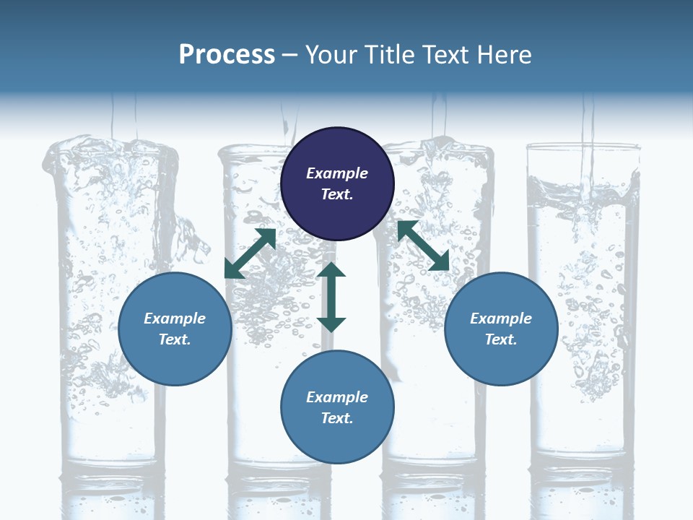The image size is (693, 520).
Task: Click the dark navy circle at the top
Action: (x=337, y=184)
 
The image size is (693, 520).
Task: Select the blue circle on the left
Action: (x=175, y=329)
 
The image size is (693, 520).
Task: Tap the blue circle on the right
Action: (x=501, y=329)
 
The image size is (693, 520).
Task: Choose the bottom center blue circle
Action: (x=337, y=407)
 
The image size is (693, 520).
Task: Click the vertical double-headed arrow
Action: (x=331, y=297)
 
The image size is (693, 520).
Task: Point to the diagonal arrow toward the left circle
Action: (x=250, y=253)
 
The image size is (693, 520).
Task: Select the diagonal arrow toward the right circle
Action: (x=423, y=246)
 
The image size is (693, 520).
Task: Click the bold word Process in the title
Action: (x=227, y=55)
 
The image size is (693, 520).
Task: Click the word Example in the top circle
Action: (x=337, y=173)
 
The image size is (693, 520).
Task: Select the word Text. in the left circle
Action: (x=175, y=339)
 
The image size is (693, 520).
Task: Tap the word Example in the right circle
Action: (x=501, y=318)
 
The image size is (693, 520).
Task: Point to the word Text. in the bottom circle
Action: (x=337, y=418)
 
